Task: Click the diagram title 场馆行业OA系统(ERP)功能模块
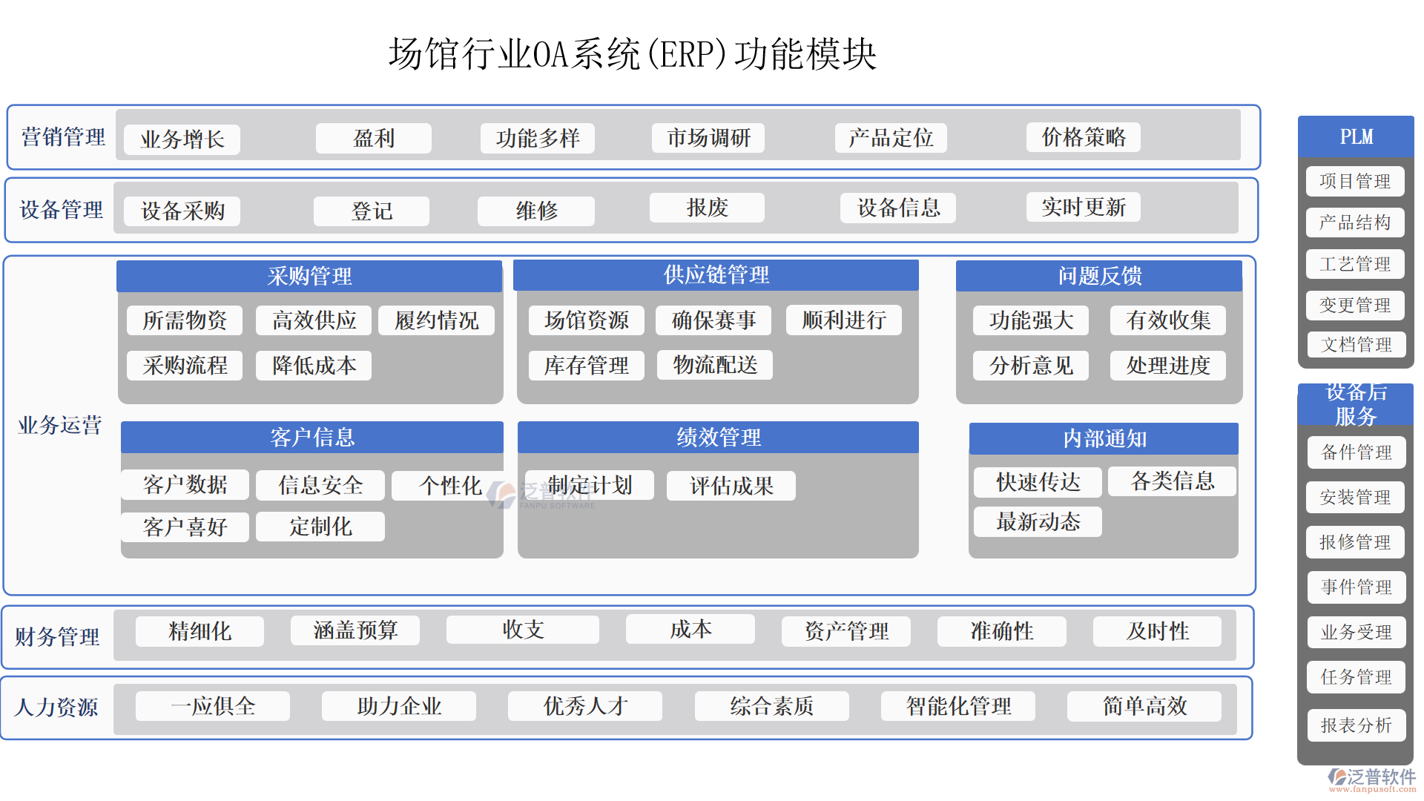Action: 633,54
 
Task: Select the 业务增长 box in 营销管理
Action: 182,139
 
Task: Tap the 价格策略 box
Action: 1083,137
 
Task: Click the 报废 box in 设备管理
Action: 707,208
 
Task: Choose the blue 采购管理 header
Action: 309,276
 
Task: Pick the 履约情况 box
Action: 436,320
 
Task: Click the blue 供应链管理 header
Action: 716,275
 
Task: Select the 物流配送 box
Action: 715,365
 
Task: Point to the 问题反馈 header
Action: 1099,276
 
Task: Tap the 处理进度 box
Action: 1167,366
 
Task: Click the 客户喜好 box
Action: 185,527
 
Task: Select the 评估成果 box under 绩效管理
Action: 731,486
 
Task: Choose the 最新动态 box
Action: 1038,522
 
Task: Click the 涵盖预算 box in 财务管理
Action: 355,630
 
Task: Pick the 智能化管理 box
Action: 958,706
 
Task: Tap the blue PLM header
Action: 1356,136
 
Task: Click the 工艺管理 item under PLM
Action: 1355,264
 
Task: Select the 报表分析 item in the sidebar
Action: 1356,725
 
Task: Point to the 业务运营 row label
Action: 59,425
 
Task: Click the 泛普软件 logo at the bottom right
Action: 1372,778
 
